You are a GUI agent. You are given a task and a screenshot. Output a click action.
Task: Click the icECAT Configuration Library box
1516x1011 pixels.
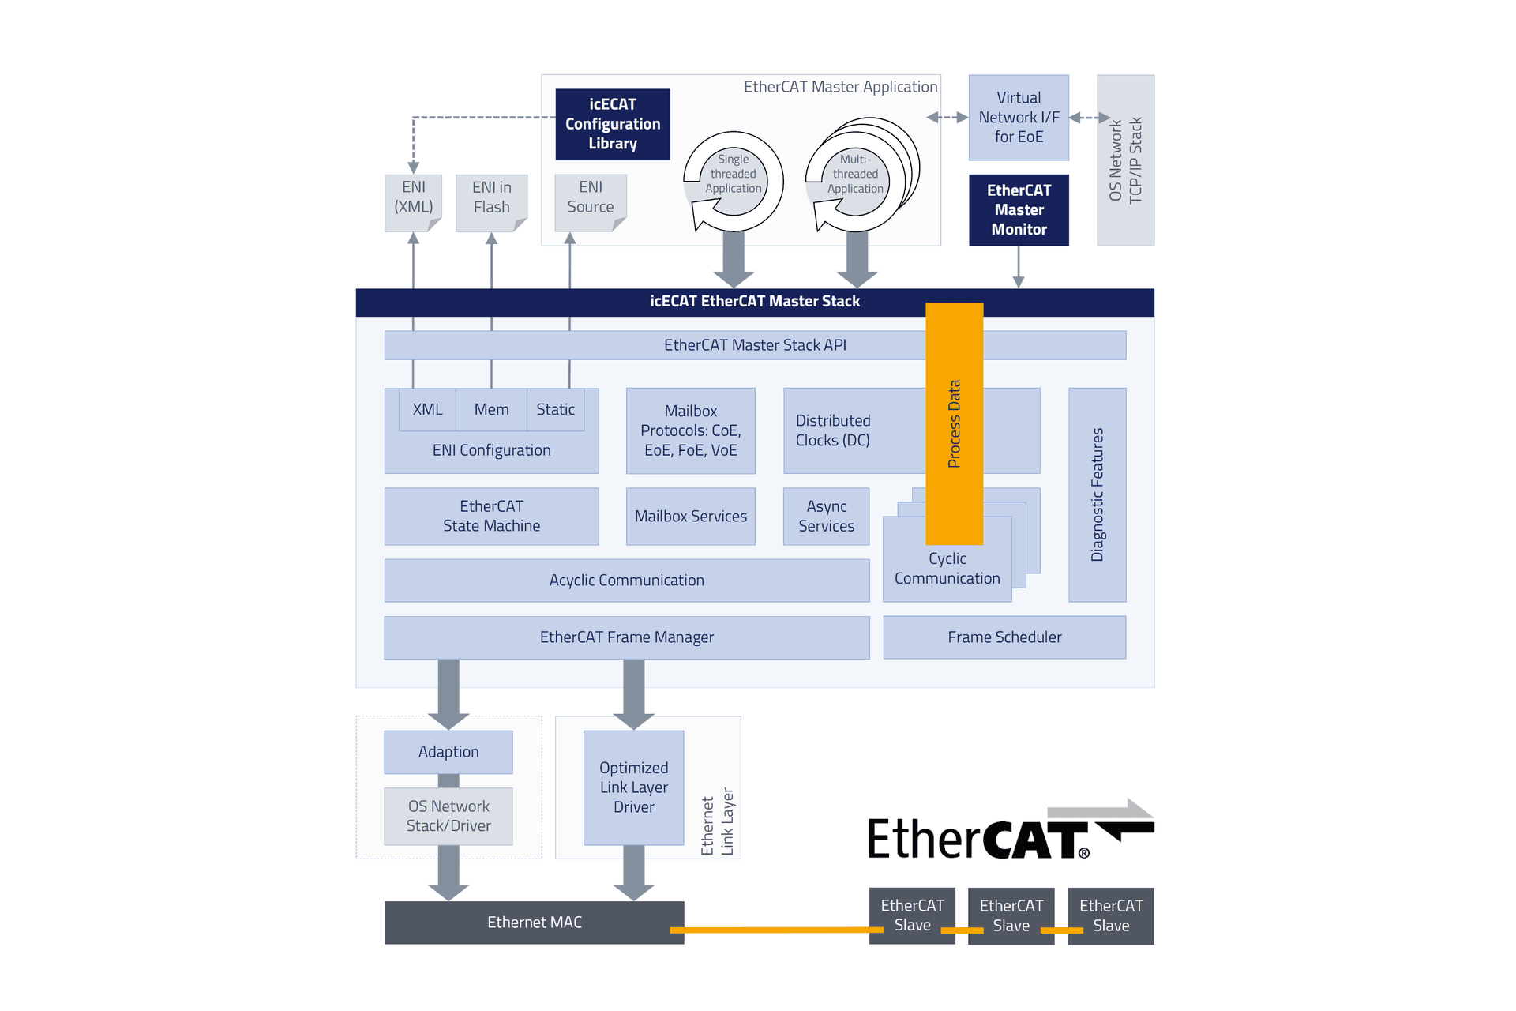(x=613, y=124)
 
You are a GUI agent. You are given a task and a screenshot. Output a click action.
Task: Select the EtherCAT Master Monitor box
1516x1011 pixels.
(x=1019, y=210)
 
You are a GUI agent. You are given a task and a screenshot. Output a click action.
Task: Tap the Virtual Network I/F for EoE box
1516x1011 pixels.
(x=1019, y=118)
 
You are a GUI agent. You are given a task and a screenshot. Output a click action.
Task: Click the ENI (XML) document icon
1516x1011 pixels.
(x=413, y=202)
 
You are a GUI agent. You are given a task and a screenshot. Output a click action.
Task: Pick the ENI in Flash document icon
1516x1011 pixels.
(x=491, y=202)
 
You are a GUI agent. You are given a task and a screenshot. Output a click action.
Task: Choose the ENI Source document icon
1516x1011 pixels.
(x=590, y=202)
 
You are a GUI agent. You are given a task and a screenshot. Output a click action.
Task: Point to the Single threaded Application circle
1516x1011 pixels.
(x=734, y=175)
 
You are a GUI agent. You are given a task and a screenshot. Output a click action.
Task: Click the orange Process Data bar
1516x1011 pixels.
(x=954, y=423)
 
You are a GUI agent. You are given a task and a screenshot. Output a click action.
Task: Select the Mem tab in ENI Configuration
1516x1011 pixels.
(x=491, y=409)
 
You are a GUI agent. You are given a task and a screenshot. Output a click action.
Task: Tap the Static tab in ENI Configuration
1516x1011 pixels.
(x=555, y=409)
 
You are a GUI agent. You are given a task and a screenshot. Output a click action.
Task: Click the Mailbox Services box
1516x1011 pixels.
(x=690, y=517)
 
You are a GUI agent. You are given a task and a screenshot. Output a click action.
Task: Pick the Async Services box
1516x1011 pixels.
(x=826, y=517)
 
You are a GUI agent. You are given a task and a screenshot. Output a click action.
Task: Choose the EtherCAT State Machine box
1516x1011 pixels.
(x=491, y=517)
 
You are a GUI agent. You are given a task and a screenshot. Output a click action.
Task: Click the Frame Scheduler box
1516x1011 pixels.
(x=1004, y=637)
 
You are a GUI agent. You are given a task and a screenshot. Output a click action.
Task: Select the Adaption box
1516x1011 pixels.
(x=448, y=752)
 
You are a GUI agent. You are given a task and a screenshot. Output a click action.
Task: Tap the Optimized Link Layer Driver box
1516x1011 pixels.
(x=633, y=787)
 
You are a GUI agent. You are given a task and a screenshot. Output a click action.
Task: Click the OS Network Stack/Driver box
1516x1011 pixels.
(x=448, y=816)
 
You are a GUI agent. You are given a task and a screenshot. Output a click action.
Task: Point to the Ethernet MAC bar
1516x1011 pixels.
(x=534, y=923)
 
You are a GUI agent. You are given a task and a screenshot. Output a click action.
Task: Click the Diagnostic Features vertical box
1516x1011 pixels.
(x=1097, y=494)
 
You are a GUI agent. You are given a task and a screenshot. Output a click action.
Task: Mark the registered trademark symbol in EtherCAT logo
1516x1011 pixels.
(x=1084, y=853)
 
